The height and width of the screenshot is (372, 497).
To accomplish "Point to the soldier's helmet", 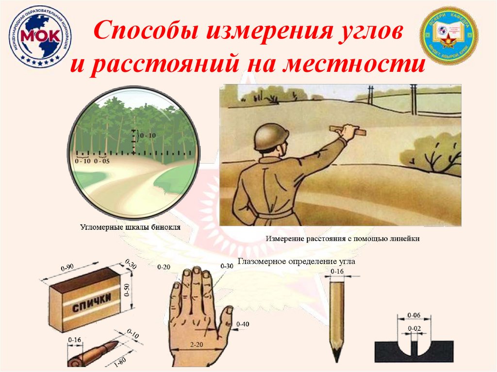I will point(271,136).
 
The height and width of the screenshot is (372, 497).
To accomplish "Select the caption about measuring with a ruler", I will point(342,239).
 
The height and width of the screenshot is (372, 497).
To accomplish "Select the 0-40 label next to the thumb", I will point(243,323).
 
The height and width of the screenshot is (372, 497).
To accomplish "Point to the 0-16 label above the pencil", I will point(337,271).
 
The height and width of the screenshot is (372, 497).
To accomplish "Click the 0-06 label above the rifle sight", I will point(414,315).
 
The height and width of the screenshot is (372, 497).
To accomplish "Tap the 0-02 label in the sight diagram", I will point(414,328).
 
